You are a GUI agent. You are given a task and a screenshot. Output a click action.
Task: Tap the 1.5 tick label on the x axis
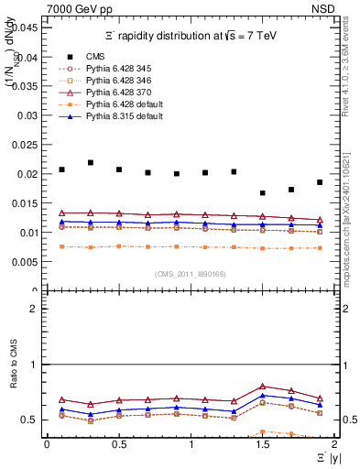[263, 444]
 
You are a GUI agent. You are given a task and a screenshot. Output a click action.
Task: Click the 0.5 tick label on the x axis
[119, 444]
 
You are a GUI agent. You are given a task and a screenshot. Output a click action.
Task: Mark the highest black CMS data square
[91, 163]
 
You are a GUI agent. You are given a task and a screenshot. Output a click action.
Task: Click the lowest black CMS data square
[263, 193]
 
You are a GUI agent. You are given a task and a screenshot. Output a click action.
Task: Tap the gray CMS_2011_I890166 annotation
[191, 273]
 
